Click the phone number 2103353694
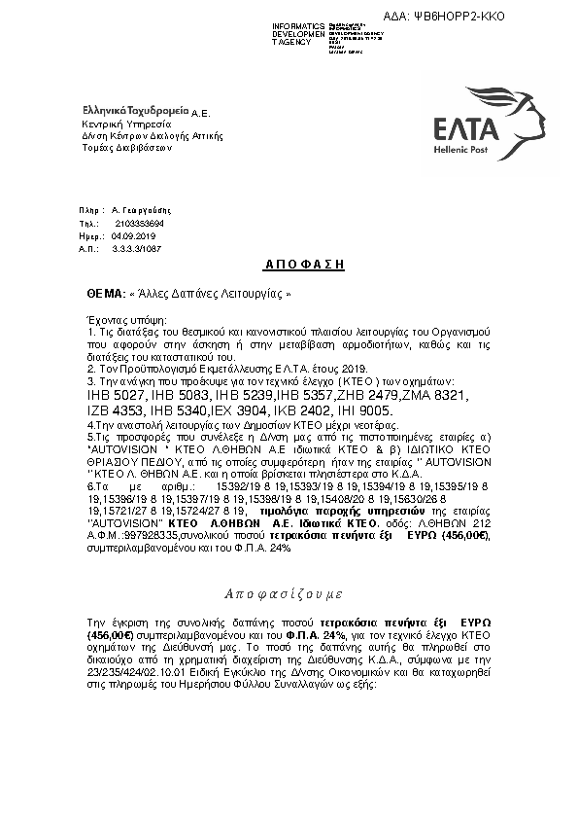click(x=140, y=224)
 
